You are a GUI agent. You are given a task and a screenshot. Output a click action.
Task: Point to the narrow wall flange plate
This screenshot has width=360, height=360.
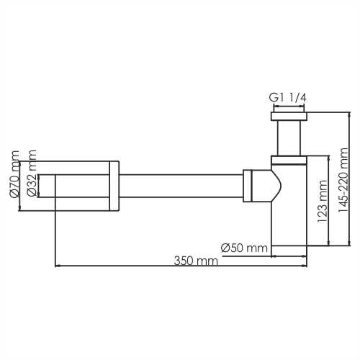tap(113, 185)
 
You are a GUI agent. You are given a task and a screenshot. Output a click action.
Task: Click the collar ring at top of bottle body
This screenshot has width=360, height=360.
tap(289, 157)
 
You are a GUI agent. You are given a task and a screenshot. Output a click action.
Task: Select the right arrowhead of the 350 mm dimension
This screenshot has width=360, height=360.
tap(305, 266)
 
